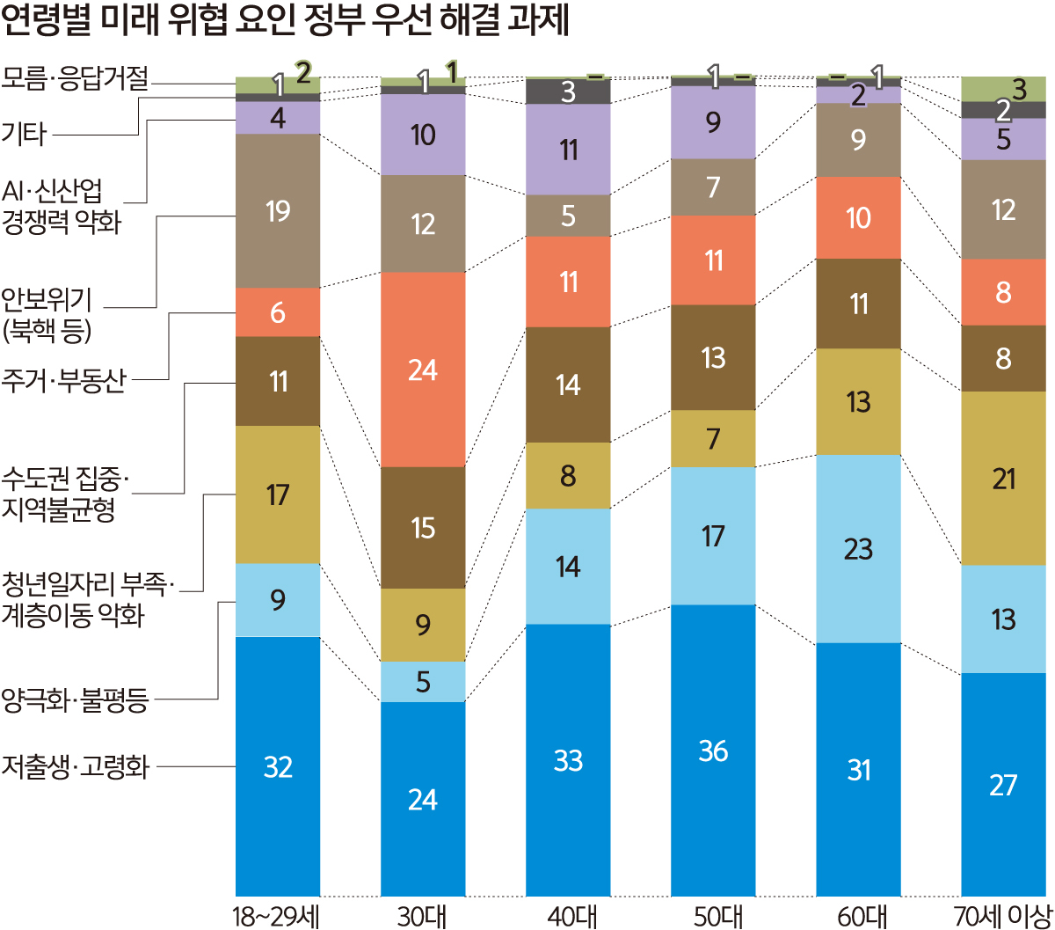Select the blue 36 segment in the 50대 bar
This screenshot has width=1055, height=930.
pyautogui.click(x=713, y=750)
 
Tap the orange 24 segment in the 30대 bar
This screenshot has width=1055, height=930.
pyautogui.click(x=423, y=370)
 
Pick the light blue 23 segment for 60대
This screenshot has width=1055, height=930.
pyautogui.click(x=858, y=548)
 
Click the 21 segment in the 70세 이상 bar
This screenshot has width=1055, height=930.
pyautogui.click(x=1003, y=479)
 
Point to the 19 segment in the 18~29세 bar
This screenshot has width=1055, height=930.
pyautogui.click(x=278, y=211)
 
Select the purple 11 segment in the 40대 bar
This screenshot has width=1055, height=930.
pyautogui.click(x=568, y=150)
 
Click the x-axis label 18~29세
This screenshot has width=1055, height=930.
pyautogui.click(x=277, y=915)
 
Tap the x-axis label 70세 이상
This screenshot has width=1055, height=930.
pyautogui.click(x=1002, y=915)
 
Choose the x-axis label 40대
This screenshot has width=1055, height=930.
pyautogui.click(x=568, y=915)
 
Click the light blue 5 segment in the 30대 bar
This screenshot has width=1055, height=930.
pyautogui.click(x=423, y=682)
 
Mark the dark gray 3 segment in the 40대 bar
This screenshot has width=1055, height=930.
pyautogui.click(x=568, y=92)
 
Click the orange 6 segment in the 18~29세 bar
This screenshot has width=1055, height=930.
pyautogui.click(x=278, y=312)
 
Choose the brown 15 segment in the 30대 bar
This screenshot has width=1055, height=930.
pyautogui.click(x=423, y=527)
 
